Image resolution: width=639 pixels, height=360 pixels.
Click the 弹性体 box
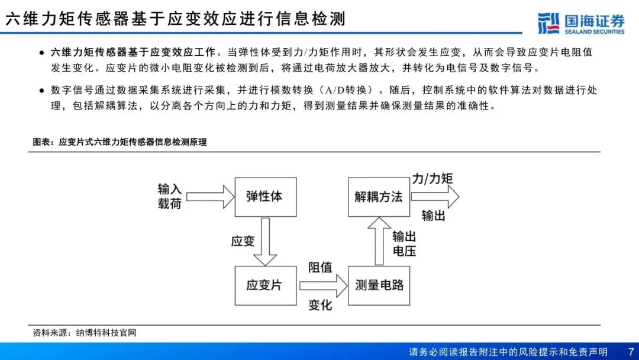[x=264, y=197]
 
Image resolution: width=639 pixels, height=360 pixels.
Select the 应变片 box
[x=264, y=285]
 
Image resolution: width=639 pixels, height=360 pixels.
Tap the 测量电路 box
[x=379, y=285]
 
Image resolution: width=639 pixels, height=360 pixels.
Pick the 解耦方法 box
[x=379, y=197]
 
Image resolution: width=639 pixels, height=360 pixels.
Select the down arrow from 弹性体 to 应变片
[x=264, y=242]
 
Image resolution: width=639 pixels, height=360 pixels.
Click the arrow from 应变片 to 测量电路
[x=323, y=285]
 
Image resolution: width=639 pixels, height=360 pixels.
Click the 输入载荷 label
[x=170, y=196]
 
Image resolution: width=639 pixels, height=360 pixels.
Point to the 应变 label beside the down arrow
[x=243, y=241]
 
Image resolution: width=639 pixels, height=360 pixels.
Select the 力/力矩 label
[x=432, y=178]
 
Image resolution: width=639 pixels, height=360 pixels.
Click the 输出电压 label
[x=404, y=243]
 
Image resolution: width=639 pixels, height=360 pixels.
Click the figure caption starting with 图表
[x=120, y=142]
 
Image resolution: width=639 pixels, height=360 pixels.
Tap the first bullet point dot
[x=41, y=53]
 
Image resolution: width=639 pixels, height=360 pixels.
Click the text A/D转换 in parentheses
[x=353, y=91]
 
